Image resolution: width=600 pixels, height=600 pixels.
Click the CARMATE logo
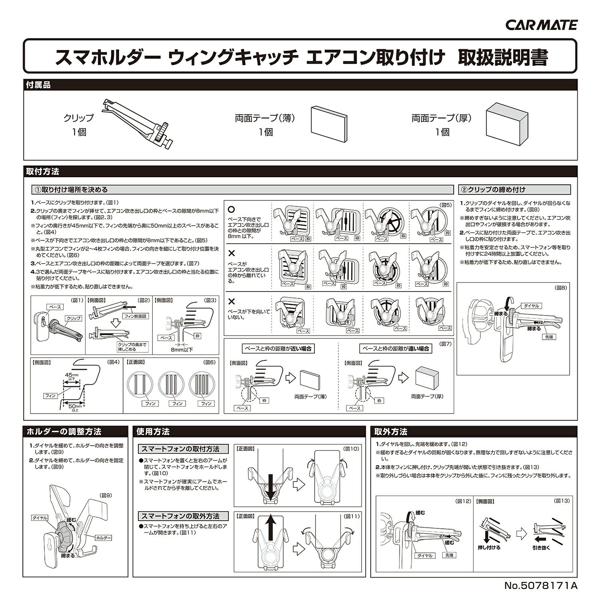point(542,25)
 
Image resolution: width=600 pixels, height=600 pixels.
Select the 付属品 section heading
point(38,85)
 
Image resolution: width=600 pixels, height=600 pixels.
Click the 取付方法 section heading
point(42,172)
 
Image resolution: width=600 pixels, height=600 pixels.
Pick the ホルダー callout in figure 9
point(104,538)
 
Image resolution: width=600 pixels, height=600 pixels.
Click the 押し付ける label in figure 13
point(489,547)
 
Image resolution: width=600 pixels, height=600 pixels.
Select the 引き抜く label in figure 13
point(541,547)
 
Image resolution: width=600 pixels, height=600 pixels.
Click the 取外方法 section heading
point(391,432)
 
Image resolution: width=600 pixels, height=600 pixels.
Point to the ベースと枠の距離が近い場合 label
point(277,348)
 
